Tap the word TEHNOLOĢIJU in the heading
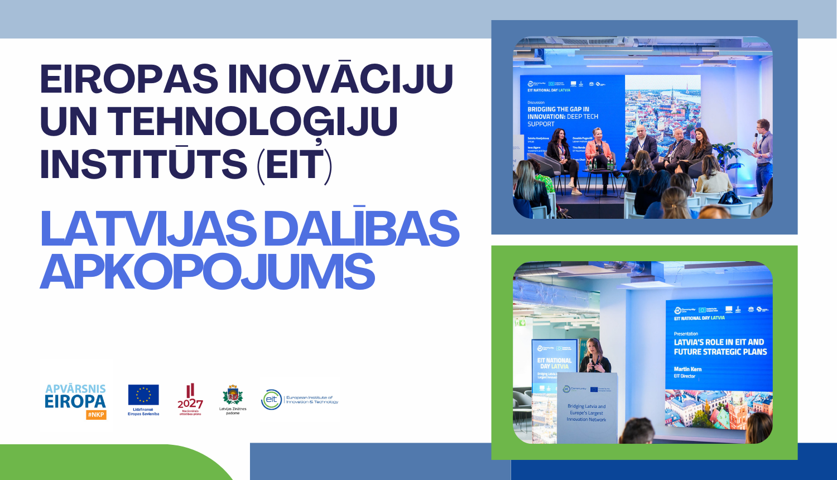click(x=252, y=122)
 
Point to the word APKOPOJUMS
click(x=207, y=272)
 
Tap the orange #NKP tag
click(x=96, y=415)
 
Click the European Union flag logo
click(x=143, y=395)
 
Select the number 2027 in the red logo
click(x=190, y=403)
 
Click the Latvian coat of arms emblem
click(x=233, y=395)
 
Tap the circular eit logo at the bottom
click(x=272, y=399)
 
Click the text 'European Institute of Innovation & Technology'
click(x=312, y=400)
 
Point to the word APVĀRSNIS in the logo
click(x=75, y=388)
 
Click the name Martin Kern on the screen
click(x=687, y=369)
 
